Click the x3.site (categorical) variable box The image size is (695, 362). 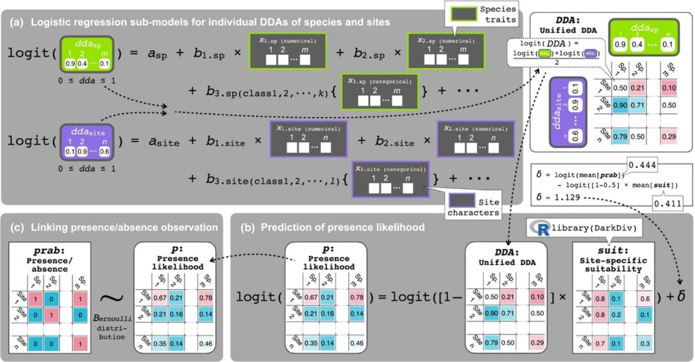coord(392,177)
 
